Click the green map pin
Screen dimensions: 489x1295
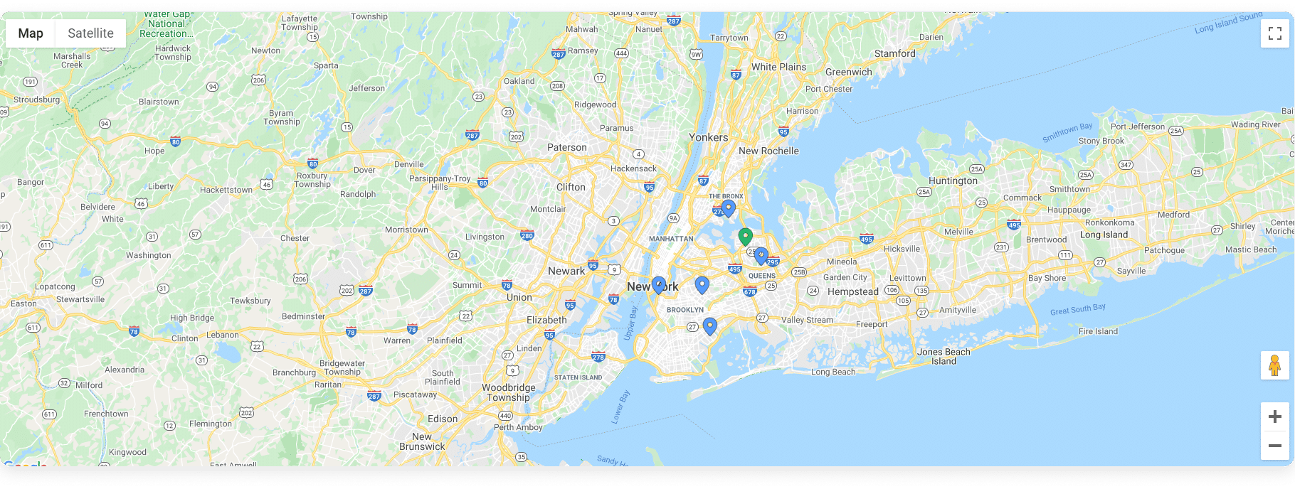click(745, 236)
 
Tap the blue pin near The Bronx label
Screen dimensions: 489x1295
click(728, 208)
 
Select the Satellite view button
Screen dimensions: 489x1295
click(90, 33)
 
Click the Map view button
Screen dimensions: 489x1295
click(31, 33)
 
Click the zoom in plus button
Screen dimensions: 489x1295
click(1274, 417)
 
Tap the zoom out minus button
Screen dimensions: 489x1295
click(1274, 446)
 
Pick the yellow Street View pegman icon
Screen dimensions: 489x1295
click(1274, 365)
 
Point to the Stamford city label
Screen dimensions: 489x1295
click(894, 53)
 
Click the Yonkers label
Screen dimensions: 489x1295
click(708, 137)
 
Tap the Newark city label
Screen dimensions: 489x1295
click(566, 271)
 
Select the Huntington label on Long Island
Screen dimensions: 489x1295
click(953, 181)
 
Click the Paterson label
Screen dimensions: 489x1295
click(567, 147)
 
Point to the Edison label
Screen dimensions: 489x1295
click(443, 419)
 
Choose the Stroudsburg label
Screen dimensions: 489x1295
click(37, 100)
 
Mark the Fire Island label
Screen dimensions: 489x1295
click(1098, 331)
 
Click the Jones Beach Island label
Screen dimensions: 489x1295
click(943, 356)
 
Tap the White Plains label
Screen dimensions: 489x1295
click(778, 67)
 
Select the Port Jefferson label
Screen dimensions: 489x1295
click(1138, 127)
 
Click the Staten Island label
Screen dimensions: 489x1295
click(578, 377)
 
